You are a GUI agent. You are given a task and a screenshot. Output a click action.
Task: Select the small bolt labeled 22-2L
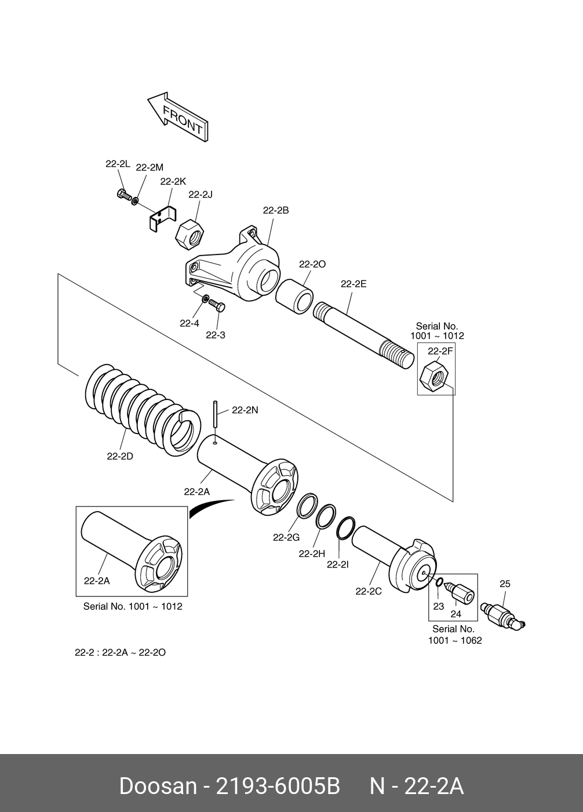[122, 194]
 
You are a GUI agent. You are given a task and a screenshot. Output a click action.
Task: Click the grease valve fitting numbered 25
[501, 615]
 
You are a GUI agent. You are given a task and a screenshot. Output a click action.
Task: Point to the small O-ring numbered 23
[439, 582]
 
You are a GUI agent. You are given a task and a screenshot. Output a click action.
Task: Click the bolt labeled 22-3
[217, 305]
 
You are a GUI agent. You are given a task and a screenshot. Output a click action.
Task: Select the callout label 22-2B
[275, 211]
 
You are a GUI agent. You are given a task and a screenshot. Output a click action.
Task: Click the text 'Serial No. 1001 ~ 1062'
[454, 635]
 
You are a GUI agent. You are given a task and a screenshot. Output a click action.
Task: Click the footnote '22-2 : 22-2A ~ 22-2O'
[120, 652]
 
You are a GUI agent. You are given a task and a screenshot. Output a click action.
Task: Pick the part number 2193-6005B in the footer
[277, 786]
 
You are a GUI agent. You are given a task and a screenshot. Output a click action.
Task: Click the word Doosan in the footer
[158, 786]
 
